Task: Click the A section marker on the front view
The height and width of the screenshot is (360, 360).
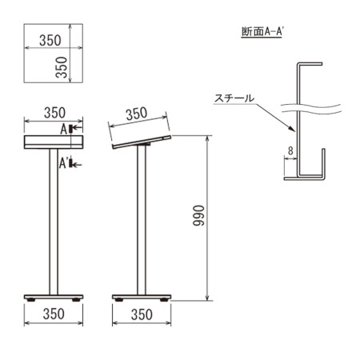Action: (64, 128)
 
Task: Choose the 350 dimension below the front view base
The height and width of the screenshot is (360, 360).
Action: (54, 315)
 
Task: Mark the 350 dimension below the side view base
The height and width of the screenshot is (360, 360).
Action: (141, 315)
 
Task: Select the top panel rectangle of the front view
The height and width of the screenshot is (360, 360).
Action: (54, 142)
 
